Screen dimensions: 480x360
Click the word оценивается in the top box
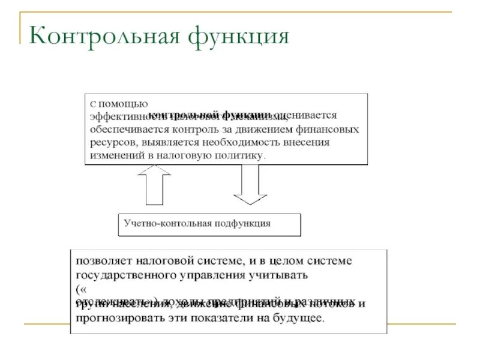click(306, 115)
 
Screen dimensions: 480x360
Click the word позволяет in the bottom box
click(101, 261)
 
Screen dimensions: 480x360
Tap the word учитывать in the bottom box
click(278, 275)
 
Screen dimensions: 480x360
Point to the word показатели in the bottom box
click(221, 317)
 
